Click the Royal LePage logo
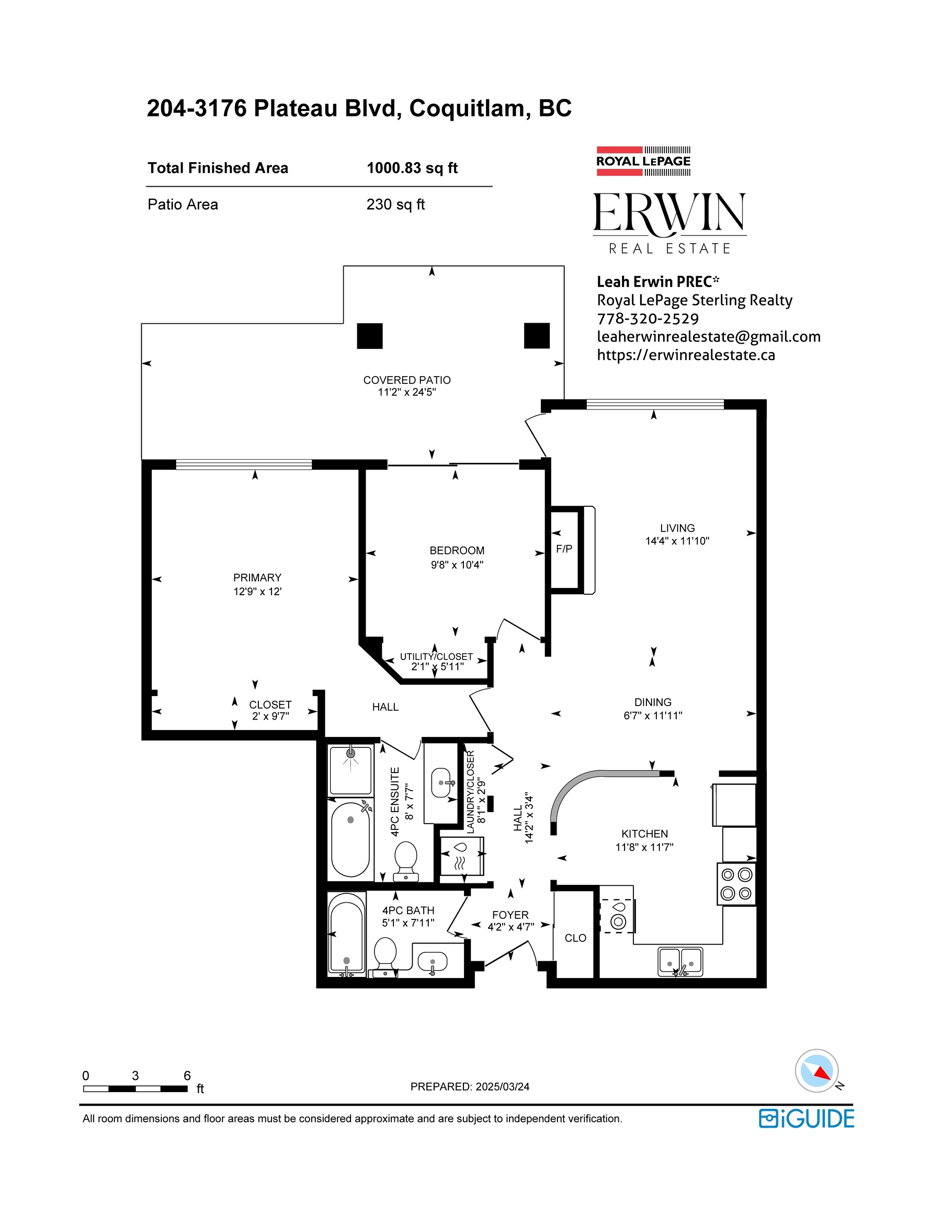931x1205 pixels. [643, 161]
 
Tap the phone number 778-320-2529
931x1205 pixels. [648, 319]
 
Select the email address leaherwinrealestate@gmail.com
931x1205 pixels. [709, 337]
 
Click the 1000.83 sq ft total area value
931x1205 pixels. [412, 168]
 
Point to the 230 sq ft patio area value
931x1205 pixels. [396, 204]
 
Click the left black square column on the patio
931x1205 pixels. [370, 335]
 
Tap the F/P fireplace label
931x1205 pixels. [564, 549]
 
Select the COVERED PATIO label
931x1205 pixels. [407, 380]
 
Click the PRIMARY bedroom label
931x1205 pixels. [257, 578]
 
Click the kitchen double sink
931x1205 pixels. [680, 962]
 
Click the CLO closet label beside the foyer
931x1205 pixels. [575, 938]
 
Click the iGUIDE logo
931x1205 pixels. [807, 1119]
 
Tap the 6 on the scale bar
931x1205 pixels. [187, 1075]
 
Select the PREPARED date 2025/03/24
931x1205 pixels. [502, 1087]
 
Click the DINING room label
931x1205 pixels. [653, 702]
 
